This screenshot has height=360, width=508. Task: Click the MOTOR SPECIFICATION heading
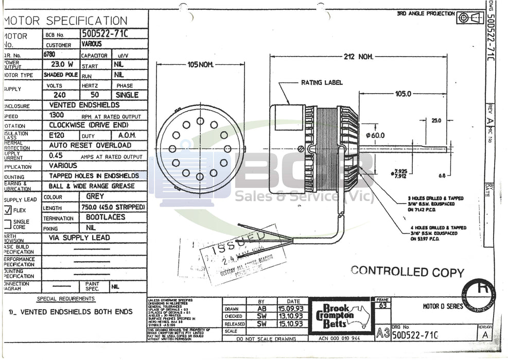pyautogui.click(x=66, y=21)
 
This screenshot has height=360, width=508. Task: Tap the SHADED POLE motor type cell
pyautogui.click(x=60, y=75)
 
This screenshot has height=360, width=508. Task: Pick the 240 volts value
pyautogui.click(x=60, y=95)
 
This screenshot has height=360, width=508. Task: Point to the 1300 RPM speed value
pyautogui.click(x=57, y=115)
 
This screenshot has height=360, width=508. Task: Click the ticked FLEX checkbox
pyautogui.click(x=8, y=210)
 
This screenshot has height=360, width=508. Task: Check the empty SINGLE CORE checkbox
pyautogui.click(x=8, y=224)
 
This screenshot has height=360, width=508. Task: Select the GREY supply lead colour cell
pyautogui.click(x=95, y=196)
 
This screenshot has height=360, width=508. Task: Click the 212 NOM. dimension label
pyautogui.click(x=358, y=57)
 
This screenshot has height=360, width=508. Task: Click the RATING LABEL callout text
pyautogui.click(x=322, y=82)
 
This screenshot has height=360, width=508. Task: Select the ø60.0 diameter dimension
pyautogui.click(x=375, y=135)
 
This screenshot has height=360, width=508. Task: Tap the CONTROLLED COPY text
pyautogui.click(x=407, y=272)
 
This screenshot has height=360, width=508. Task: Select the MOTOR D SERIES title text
pyautogui.click(x=443, y=307)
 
